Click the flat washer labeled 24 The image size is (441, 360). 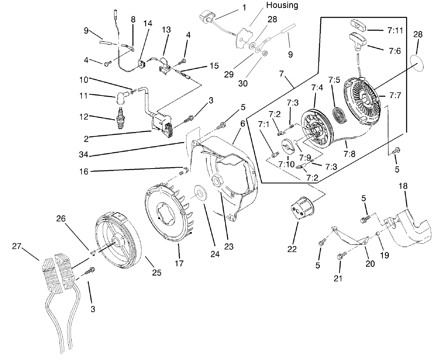[x=198, y=192]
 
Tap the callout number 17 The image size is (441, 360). [x=179, y=263]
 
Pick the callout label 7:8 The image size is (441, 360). [x=349, y=153]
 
